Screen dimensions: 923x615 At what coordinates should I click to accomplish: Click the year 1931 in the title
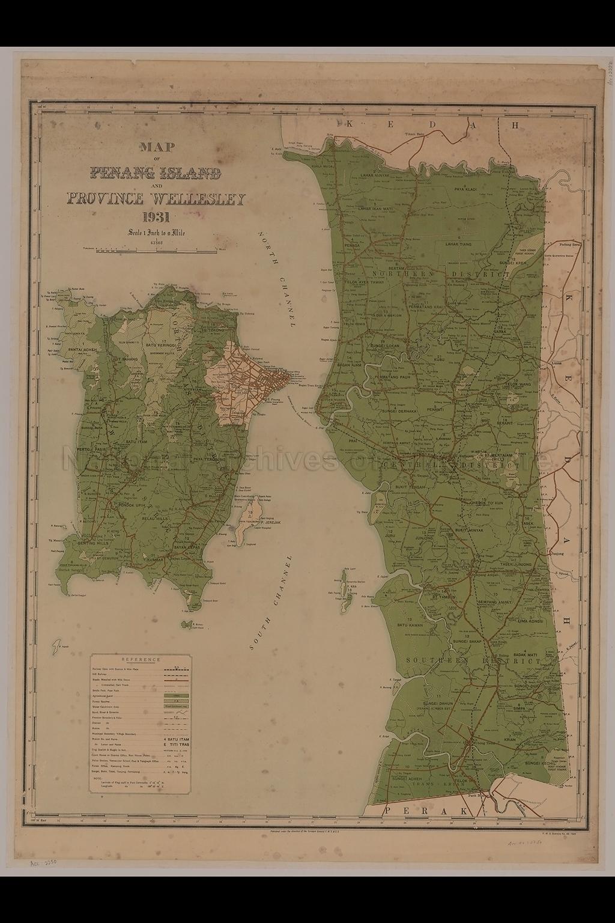click(x=156, y=218)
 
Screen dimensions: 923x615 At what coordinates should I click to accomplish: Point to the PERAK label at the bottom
click(x=420, y=811)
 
